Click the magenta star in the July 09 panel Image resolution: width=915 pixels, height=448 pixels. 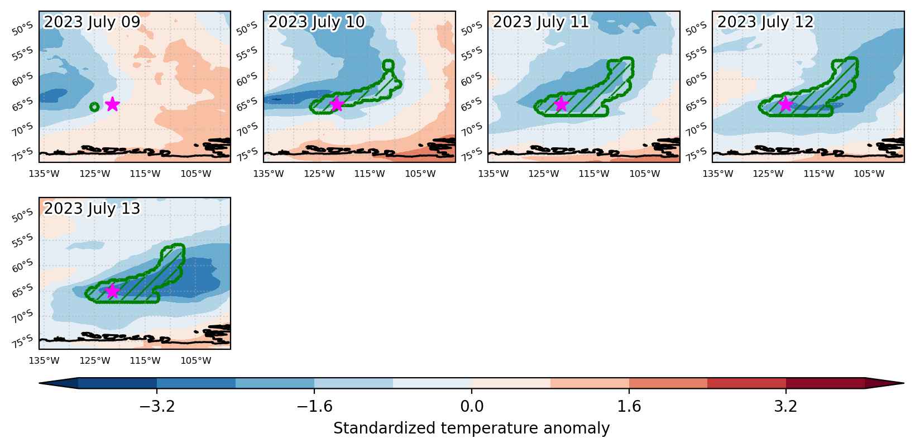pos(112,104)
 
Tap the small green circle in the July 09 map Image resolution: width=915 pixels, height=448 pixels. pos(94,107)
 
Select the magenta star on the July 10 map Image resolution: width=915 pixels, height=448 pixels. pos(337,104)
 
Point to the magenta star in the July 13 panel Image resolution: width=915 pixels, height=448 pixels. pos(112,291)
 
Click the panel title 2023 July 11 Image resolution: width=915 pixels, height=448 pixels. pos(541,22)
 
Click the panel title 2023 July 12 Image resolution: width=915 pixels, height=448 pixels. pos(765,22)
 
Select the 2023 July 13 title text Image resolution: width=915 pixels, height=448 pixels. pos(92,209)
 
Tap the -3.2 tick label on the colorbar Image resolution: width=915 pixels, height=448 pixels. pos(157,406)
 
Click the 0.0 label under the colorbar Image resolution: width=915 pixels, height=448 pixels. pos(472,406)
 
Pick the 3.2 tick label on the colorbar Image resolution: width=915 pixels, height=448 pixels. pos(786,406)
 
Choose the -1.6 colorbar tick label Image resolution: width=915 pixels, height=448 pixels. pos(314,406)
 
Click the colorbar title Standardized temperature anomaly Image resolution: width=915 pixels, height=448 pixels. pos(471,428)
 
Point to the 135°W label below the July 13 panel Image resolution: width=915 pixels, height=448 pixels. pos(44,360)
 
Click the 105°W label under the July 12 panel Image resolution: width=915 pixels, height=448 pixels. pos(869,174)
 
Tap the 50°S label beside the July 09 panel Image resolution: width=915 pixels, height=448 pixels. pos(22,29)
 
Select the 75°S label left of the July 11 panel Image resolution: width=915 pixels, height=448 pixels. pos(471,155)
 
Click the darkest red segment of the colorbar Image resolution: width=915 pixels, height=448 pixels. pos(825,383)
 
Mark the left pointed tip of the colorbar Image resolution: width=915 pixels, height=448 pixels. pos(40,383)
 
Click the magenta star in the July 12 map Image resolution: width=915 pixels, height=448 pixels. pos(785,104)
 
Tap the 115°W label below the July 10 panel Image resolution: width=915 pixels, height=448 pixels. pos(370,174)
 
